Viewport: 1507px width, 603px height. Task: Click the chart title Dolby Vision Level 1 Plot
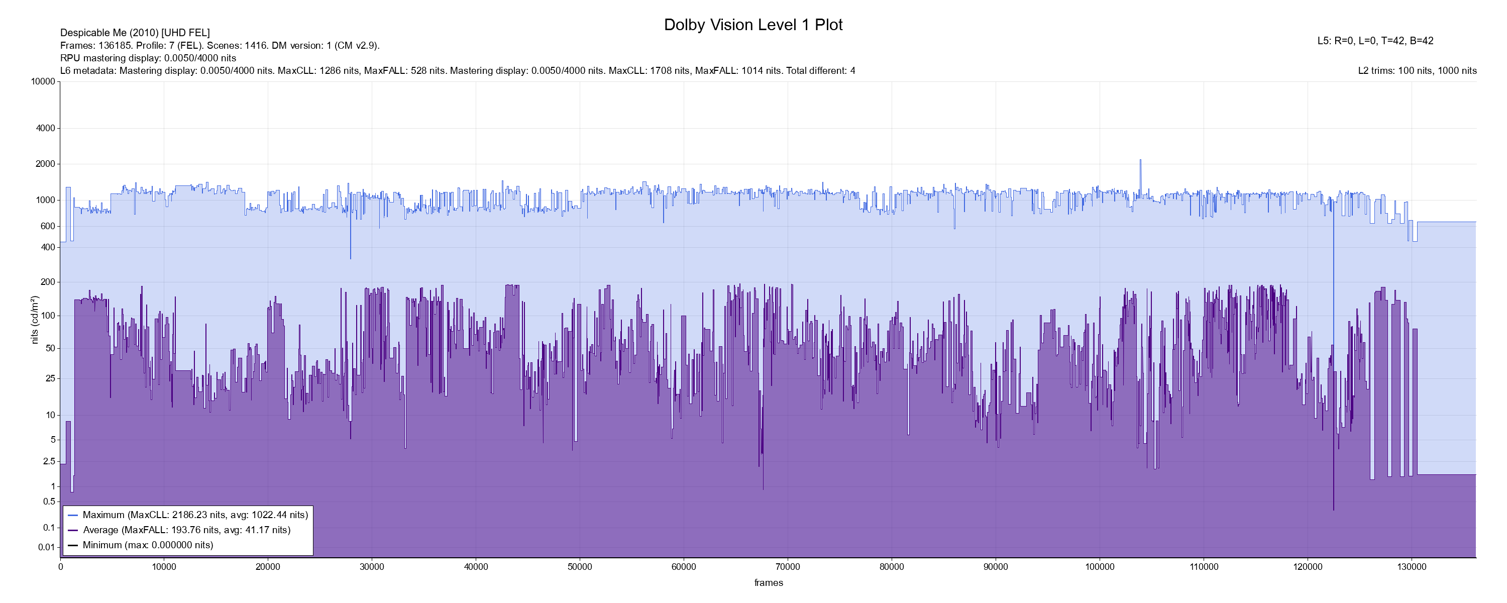[x=753, y=25]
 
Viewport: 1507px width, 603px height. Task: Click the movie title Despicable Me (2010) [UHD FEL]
[x=135, y=33]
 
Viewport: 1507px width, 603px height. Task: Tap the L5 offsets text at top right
[x=1375, y=41]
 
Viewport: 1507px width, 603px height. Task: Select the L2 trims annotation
[x=1417, y=71]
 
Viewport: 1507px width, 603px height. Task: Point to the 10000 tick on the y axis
[x=43, y=81]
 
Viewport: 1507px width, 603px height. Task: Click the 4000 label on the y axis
[x=46, y=128]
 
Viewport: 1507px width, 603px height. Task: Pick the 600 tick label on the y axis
[x=47, y=226]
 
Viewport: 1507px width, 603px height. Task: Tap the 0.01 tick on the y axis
[x=46, y=547]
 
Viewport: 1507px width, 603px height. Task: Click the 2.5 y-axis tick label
[x=49, y=461]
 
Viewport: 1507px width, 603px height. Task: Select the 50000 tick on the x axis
[x=580, y=567]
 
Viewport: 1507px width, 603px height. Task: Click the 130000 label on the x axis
[x=1412, y=567]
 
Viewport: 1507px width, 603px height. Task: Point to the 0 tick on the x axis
[x=60, y=567]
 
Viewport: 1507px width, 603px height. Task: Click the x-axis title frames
[x=768, y=582]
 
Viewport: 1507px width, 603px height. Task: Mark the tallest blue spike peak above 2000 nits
[x=1140, y=160]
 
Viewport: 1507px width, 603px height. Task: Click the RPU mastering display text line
[x=148, y=58]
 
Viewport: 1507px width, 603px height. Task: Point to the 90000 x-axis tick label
[x=996, y=567]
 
